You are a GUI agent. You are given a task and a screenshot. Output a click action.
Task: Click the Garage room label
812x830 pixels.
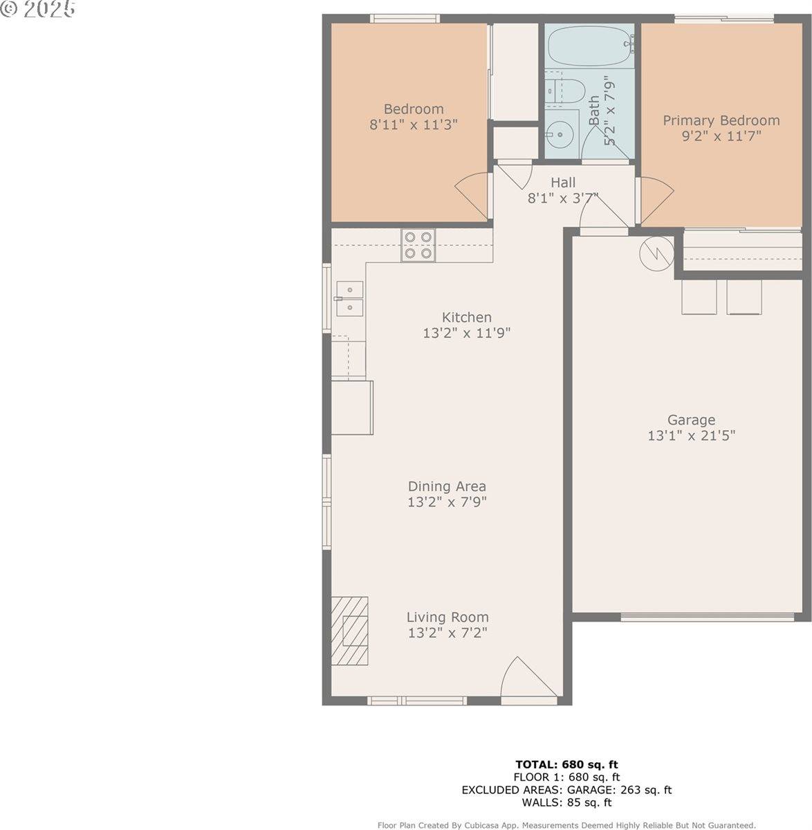(691, 420)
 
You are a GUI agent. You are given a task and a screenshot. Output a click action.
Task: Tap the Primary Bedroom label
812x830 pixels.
(721, 120)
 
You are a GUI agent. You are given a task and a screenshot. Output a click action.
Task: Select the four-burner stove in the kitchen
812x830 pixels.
(418, 245)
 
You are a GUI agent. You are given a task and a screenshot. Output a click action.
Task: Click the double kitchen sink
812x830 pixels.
(349, 298)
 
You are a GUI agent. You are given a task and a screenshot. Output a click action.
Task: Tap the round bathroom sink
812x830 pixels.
(560, 133)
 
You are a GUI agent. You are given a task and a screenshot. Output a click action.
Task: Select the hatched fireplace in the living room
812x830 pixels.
(349, 630)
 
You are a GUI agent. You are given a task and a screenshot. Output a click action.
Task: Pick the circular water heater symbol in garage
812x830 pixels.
(655, 253)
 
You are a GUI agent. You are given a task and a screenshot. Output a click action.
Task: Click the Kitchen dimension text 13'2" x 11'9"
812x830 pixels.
(466, 333)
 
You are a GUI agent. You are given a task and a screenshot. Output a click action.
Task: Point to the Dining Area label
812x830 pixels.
(446, 486)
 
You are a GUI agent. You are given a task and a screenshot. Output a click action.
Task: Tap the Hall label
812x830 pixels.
(563, 183)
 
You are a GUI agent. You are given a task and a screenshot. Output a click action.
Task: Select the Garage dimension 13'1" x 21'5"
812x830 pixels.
(691, 436)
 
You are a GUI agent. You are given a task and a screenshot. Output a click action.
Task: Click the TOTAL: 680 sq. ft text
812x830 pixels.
(566, 764)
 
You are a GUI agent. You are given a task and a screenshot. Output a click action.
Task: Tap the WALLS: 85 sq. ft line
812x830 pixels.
(566, 802)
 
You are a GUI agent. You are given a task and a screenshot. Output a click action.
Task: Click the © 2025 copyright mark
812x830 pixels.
(39, 10)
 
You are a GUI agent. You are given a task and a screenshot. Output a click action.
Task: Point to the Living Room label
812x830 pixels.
(447, 617)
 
